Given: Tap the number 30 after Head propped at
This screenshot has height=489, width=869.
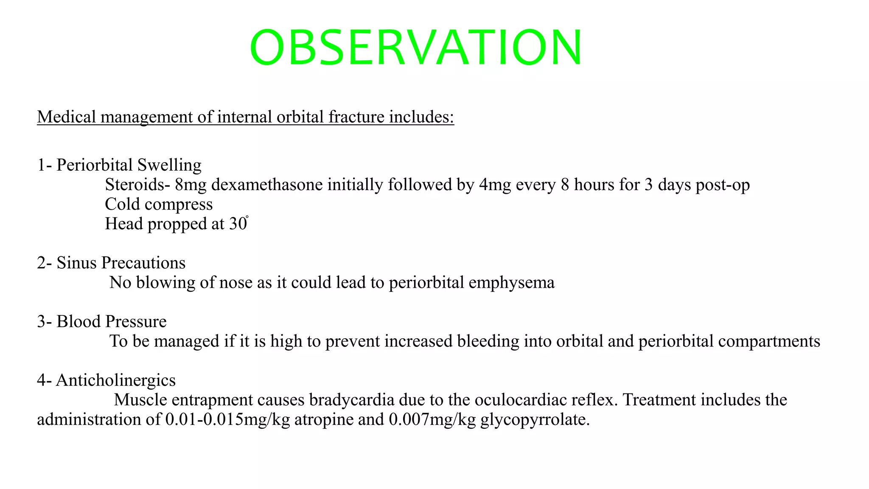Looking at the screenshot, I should tap(238, 224).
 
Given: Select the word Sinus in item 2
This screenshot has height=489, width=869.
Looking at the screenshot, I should tap(76, 263).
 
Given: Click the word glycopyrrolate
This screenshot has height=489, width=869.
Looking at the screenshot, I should tap(535, 419).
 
